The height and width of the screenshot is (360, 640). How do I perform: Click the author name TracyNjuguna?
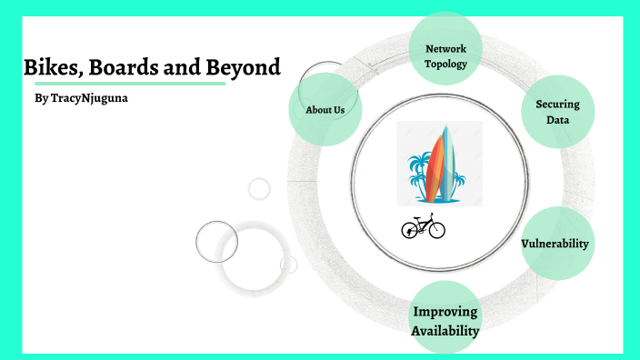point(88,97)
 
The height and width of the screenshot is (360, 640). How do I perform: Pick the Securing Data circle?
point(557,112)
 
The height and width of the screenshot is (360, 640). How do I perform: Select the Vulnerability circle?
point(555,244)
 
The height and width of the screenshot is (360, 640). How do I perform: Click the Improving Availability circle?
point(445,321)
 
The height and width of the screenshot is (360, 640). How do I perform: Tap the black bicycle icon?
point(424,225)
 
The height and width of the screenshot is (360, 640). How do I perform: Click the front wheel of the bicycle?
point(436,229)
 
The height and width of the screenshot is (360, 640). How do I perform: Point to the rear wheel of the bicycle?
point(410,230)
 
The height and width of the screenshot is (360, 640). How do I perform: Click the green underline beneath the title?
point(124,83)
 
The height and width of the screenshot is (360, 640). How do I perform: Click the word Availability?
point(445,331)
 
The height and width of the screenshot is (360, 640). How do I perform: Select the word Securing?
point(557,104)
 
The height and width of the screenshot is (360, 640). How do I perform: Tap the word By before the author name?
point(39,97)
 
